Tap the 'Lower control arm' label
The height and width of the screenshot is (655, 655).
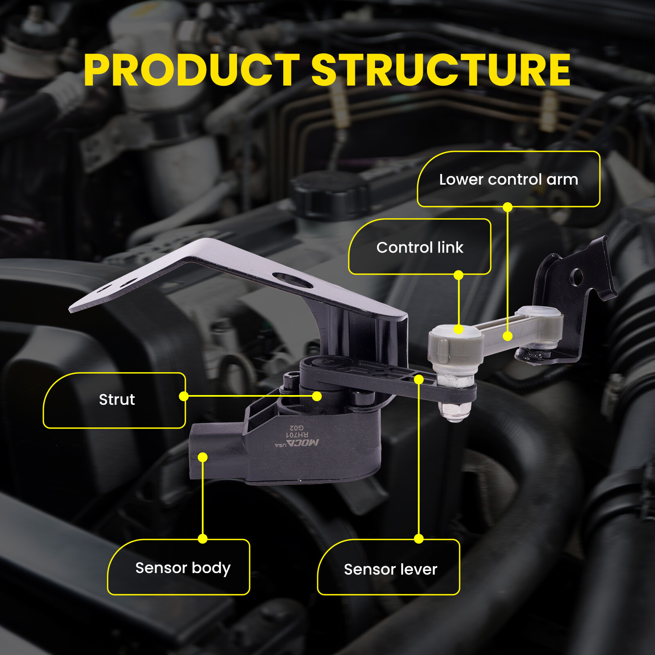pos(508,179)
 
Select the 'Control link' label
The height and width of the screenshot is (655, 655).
pos(420,247)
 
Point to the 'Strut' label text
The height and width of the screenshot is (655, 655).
pos(117,400)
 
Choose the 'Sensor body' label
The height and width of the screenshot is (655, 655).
pos(183,568)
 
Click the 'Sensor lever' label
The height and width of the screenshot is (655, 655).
pos(391,569)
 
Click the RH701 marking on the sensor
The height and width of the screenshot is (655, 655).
pos(297,434)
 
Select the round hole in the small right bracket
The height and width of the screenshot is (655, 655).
pos(576,277)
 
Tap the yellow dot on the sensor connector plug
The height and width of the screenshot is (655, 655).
pos(203,457)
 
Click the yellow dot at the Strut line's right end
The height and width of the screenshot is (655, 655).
pos(316,396)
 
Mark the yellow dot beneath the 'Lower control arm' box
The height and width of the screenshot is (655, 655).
pos(508,207)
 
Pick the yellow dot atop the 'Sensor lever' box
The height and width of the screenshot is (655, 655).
pos(418,538)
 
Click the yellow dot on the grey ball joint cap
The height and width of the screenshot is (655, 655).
pos(458,329)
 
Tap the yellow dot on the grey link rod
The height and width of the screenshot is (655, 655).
pos(508,336)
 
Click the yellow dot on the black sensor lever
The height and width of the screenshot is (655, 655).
pos(418,379)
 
